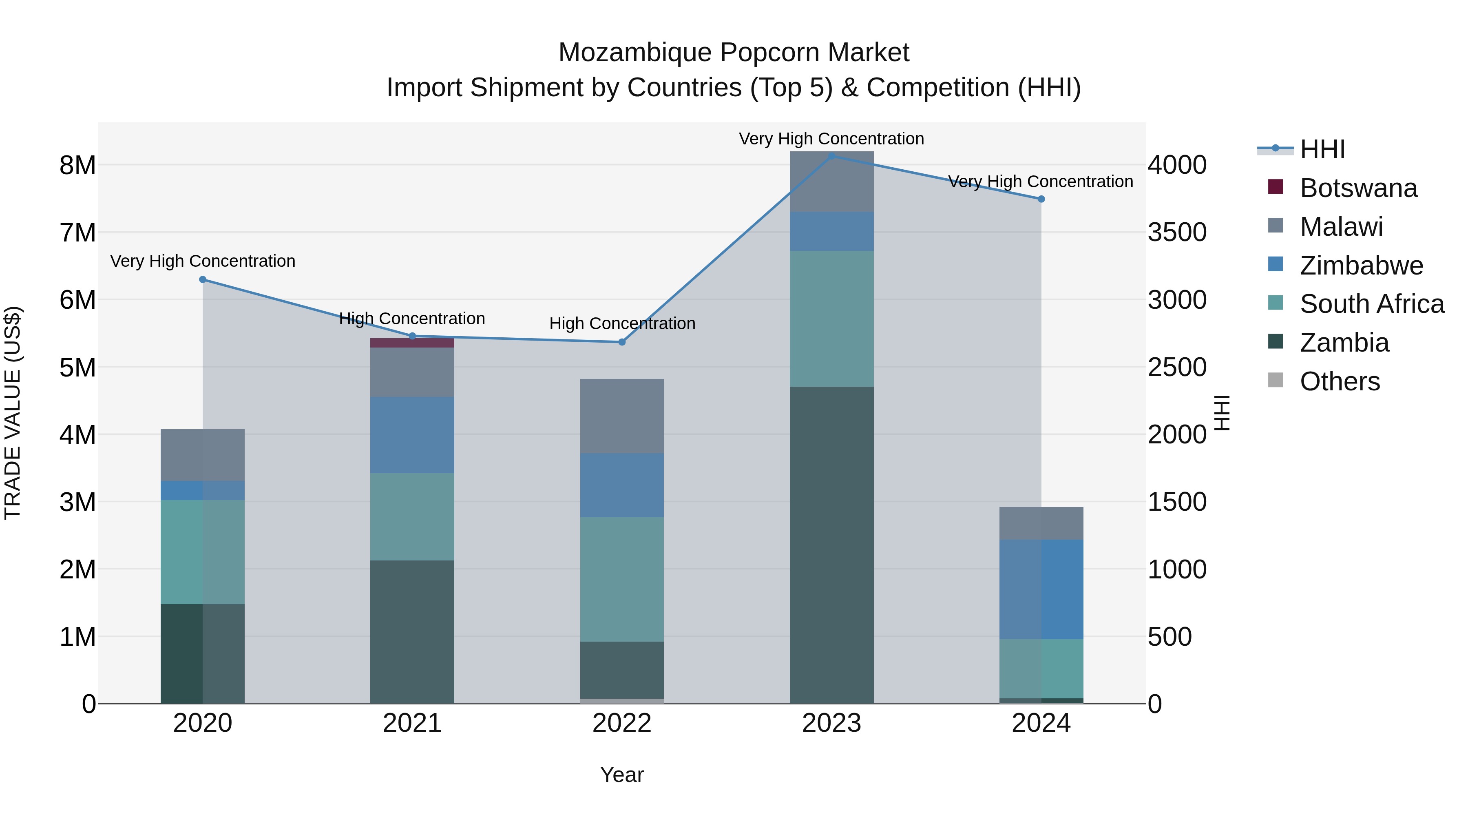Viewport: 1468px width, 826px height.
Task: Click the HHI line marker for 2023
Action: click(831, 156)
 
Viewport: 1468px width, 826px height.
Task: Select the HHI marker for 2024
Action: click(1041, 199)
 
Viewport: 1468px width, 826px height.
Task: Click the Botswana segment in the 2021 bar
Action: click(412, 343)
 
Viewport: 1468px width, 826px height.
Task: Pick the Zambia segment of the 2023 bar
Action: click(831, 545)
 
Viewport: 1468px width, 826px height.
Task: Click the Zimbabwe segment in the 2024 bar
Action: click(1041, 589)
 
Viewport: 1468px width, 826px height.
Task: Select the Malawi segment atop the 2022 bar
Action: click(622, 416)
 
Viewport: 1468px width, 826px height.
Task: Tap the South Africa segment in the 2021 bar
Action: click(412, 516)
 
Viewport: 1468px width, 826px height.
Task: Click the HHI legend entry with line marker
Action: click(1322, 149)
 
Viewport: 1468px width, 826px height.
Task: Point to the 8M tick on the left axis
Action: click(77, 165)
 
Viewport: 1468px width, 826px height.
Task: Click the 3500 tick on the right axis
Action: click(1177, 233)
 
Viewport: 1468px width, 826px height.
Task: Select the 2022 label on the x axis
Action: click(622, 723)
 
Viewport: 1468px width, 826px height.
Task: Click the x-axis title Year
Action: click(622, 775)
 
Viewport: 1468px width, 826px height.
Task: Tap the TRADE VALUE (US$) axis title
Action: click(13, 413)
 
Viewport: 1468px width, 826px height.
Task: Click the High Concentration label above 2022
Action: click(622, 323)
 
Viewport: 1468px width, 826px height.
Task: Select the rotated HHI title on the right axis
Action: click(1222, 413)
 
